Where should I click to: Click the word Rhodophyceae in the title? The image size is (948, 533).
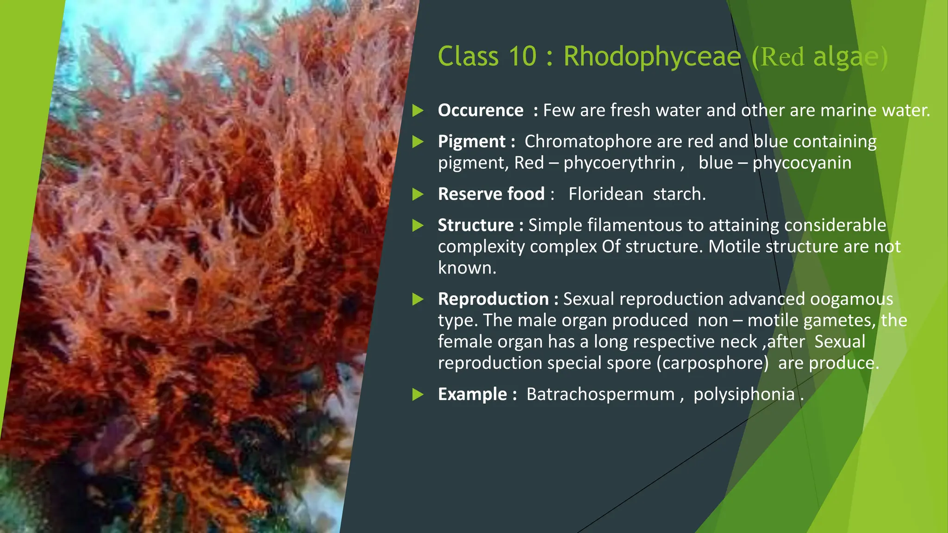652,57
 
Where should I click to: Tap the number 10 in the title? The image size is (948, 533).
522,56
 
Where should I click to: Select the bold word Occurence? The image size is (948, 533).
480,111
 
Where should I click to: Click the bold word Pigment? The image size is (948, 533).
472,142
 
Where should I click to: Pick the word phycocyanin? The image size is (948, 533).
802,163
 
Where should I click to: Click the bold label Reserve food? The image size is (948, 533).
491,194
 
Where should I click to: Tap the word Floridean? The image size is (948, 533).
605,194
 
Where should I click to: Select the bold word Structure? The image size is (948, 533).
475,225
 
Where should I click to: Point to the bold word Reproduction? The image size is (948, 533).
493,299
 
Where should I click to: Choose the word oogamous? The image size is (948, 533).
851,299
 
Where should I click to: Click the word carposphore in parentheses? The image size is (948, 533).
713,363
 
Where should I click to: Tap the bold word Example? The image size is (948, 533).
472,395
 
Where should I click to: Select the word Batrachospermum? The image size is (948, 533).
600,395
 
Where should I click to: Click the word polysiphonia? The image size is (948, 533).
744,395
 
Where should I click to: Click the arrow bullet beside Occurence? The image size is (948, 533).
418,111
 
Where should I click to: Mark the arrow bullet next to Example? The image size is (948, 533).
418,395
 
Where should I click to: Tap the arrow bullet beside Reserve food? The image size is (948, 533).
418,194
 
